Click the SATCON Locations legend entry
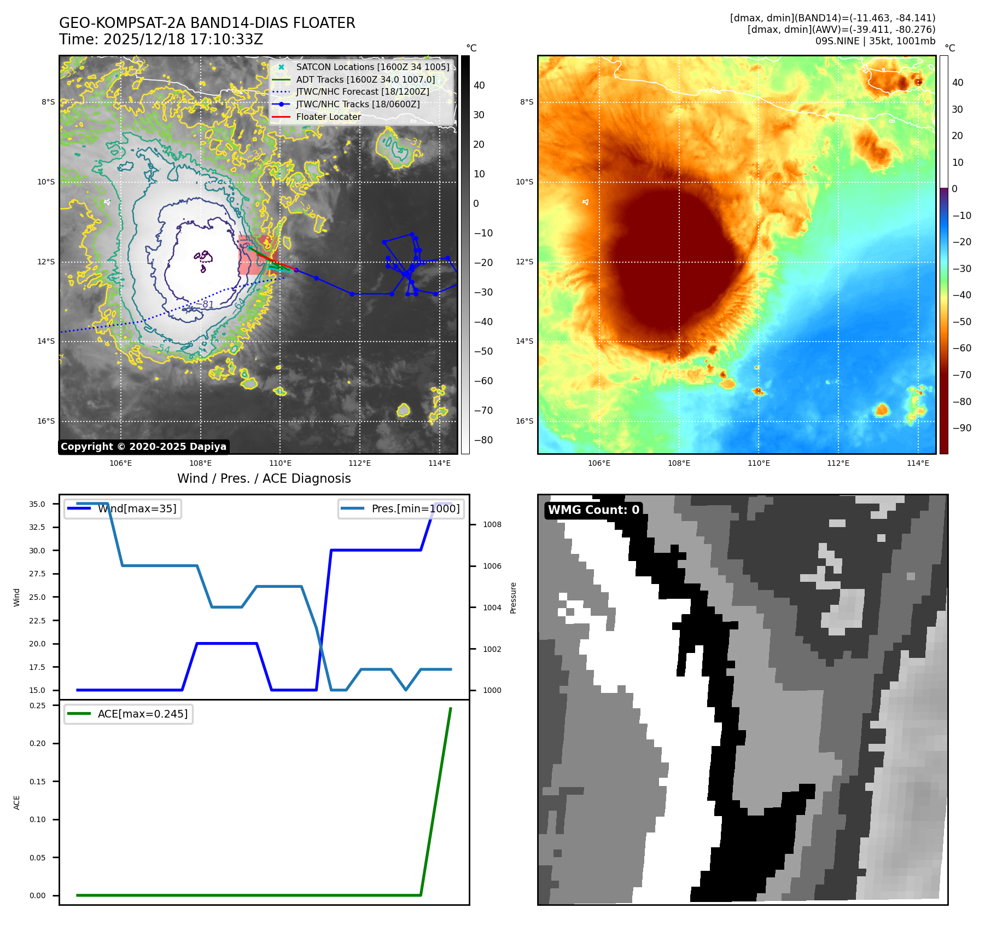point(372,67)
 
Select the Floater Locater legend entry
point(328,117)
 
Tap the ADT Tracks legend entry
point(365,79)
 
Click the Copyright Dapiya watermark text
point(143,447)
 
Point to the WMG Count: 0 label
point(593,510)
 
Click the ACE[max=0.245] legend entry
point(142,714)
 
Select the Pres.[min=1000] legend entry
point(415,508)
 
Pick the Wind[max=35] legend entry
point(137,508)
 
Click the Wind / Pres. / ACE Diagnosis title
point(264,478)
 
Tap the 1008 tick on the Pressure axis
point(492,524)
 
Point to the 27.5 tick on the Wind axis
point(37,574)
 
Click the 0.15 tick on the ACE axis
point(37,782)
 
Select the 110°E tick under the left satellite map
point(280,463)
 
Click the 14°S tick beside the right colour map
point(524,341)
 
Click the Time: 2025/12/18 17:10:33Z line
point(161,39)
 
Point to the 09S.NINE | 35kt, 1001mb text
point(875,41)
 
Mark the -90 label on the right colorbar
point(961,428)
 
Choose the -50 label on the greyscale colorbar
point(483,351)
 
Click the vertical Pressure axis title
point(513,598)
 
